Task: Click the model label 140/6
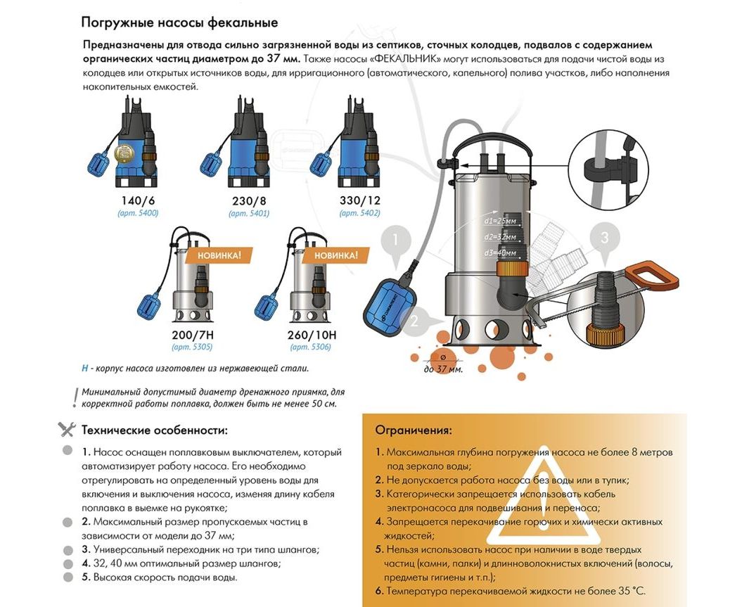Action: point(138,200)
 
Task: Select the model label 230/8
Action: point(249,200)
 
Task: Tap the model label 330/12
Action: point(359,200)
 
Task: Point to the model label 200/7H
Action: point(193,335)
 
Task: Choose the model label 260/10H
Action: point(312,335)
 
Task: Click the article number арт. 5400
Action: point(138,213)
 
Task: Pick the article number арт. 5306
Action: point(310,347)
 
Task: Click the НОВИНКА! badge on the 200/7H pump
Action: point(219,255)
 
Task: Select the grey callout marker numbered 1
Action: point(395,241)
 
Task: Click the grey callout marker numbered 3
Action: point(604,238)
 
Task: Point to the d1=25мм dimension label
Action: point(500,220)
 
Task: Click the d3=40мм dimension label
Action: point(500,253)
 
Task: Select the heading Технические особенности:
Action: point(154,430)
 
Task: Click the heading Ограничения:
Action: point(414,430)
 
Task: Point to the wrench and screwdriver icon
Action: point(67,430)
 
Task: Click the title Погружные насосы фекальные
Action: point(179,23)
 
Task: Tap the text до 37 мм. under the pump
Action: point(443,369)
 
